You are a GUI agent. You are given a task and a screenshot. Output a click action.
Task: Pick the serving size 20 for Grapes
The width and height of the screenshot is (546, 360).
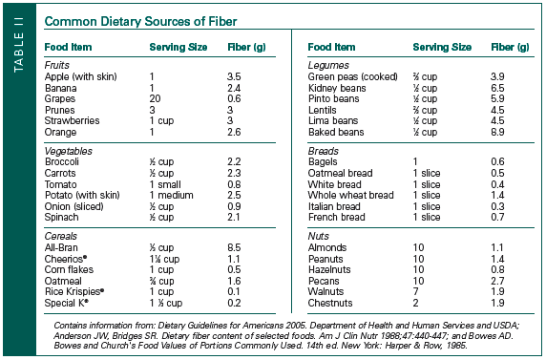point(155,96)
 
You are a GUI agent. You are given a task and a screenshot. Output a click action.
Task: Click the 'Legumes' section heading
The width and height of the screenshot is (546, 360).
point(326,63)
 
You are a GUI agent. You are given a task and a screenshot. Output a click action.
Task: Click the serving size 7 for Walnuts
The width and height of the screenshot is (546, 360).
point(415,292)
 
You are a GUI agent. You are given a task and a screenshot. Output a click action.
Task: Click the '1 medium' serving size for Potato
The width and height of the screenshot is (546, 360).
point(172,195)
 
